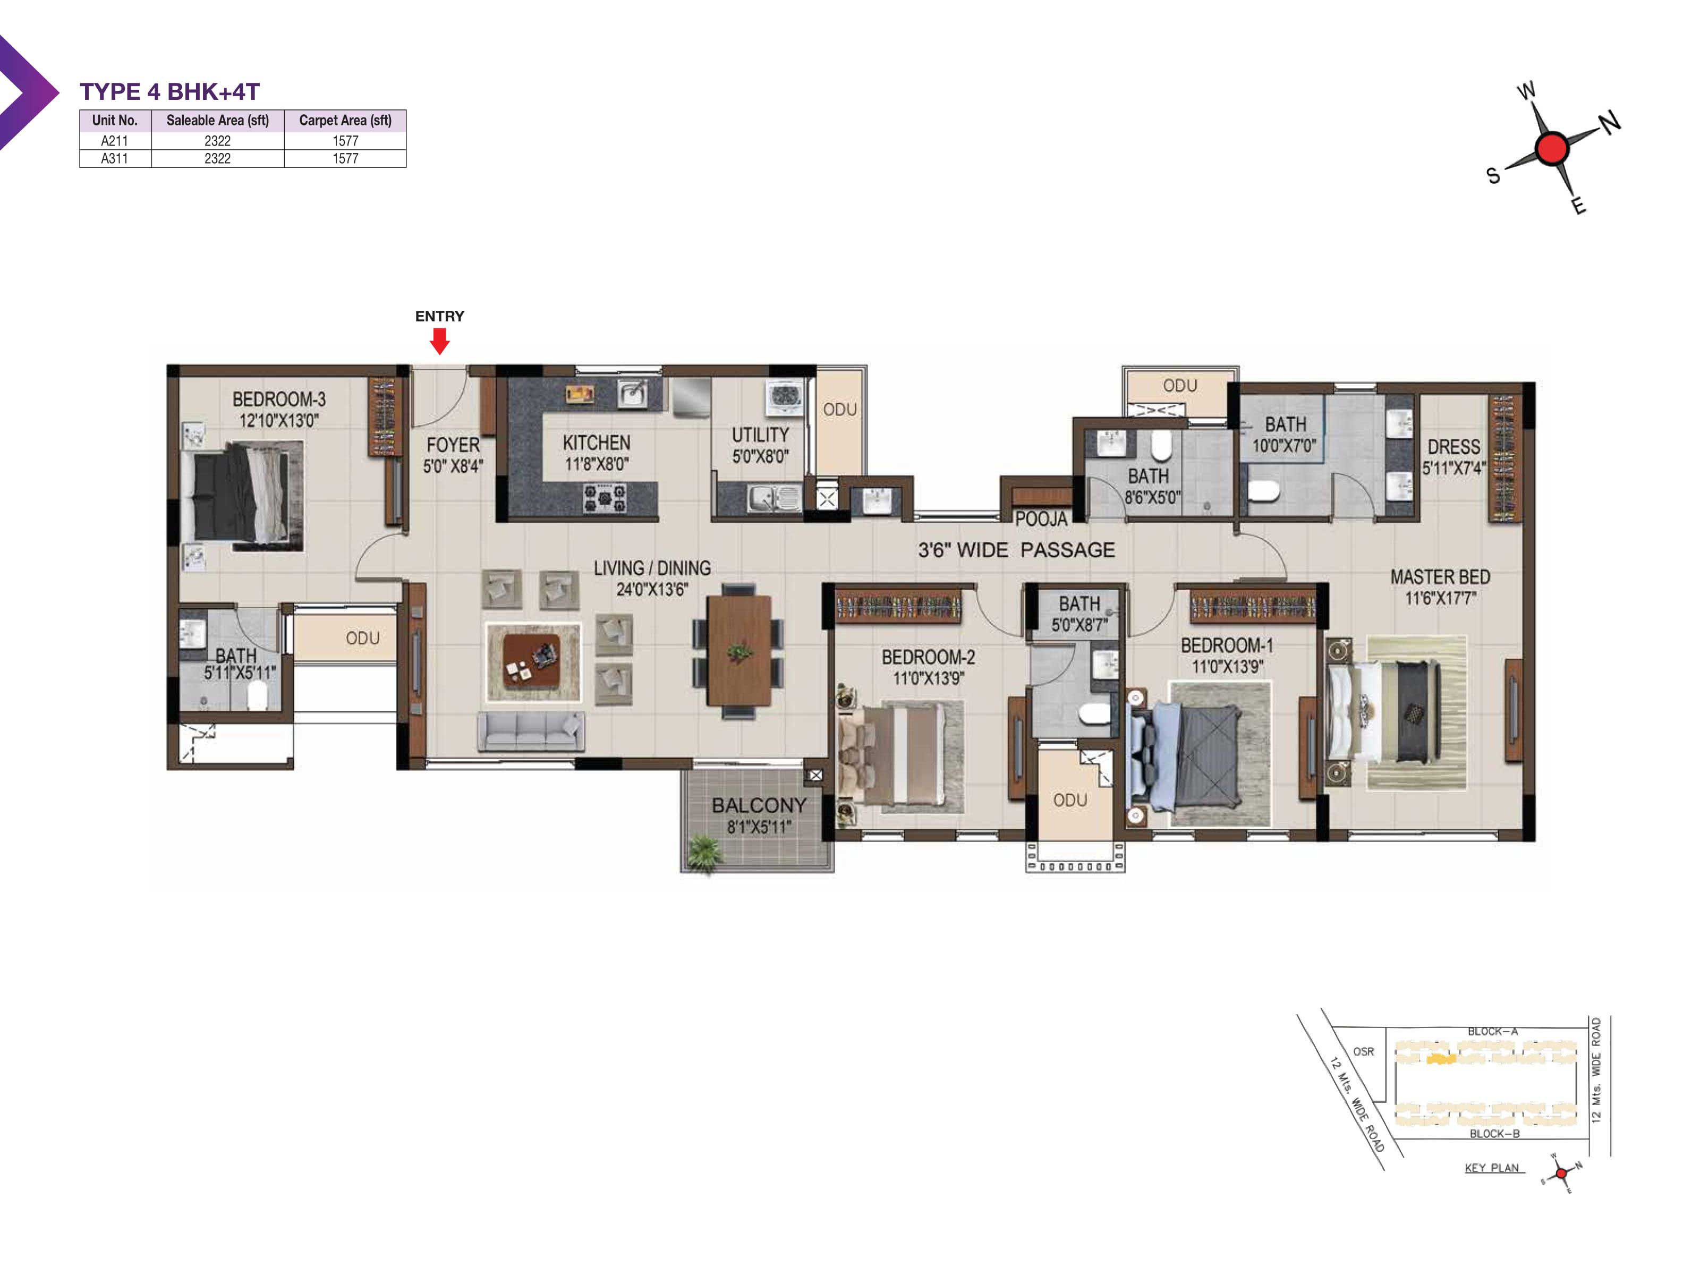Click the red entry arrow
(x=439, y=341)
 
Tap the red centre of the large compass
(x=1552, y=148)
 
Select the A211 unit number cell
(x=115, y=141)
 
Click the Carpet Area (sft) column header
(x=345, y=121)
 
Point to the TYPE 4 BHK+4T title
(x=170, y=91)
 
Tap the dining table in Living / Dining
(x=738, y=650)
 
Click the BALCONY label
(x=759, y=805)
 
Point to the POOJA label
(x=1041, y=518)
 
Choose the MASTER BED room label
(x=1440, y=576)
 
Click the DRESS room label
(x=1453, y=447)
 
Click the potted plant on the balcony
(x=704, y=852)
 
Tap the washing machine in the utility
(x=784, y=397)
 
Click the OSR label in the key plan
(x=1363, y=1051)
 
